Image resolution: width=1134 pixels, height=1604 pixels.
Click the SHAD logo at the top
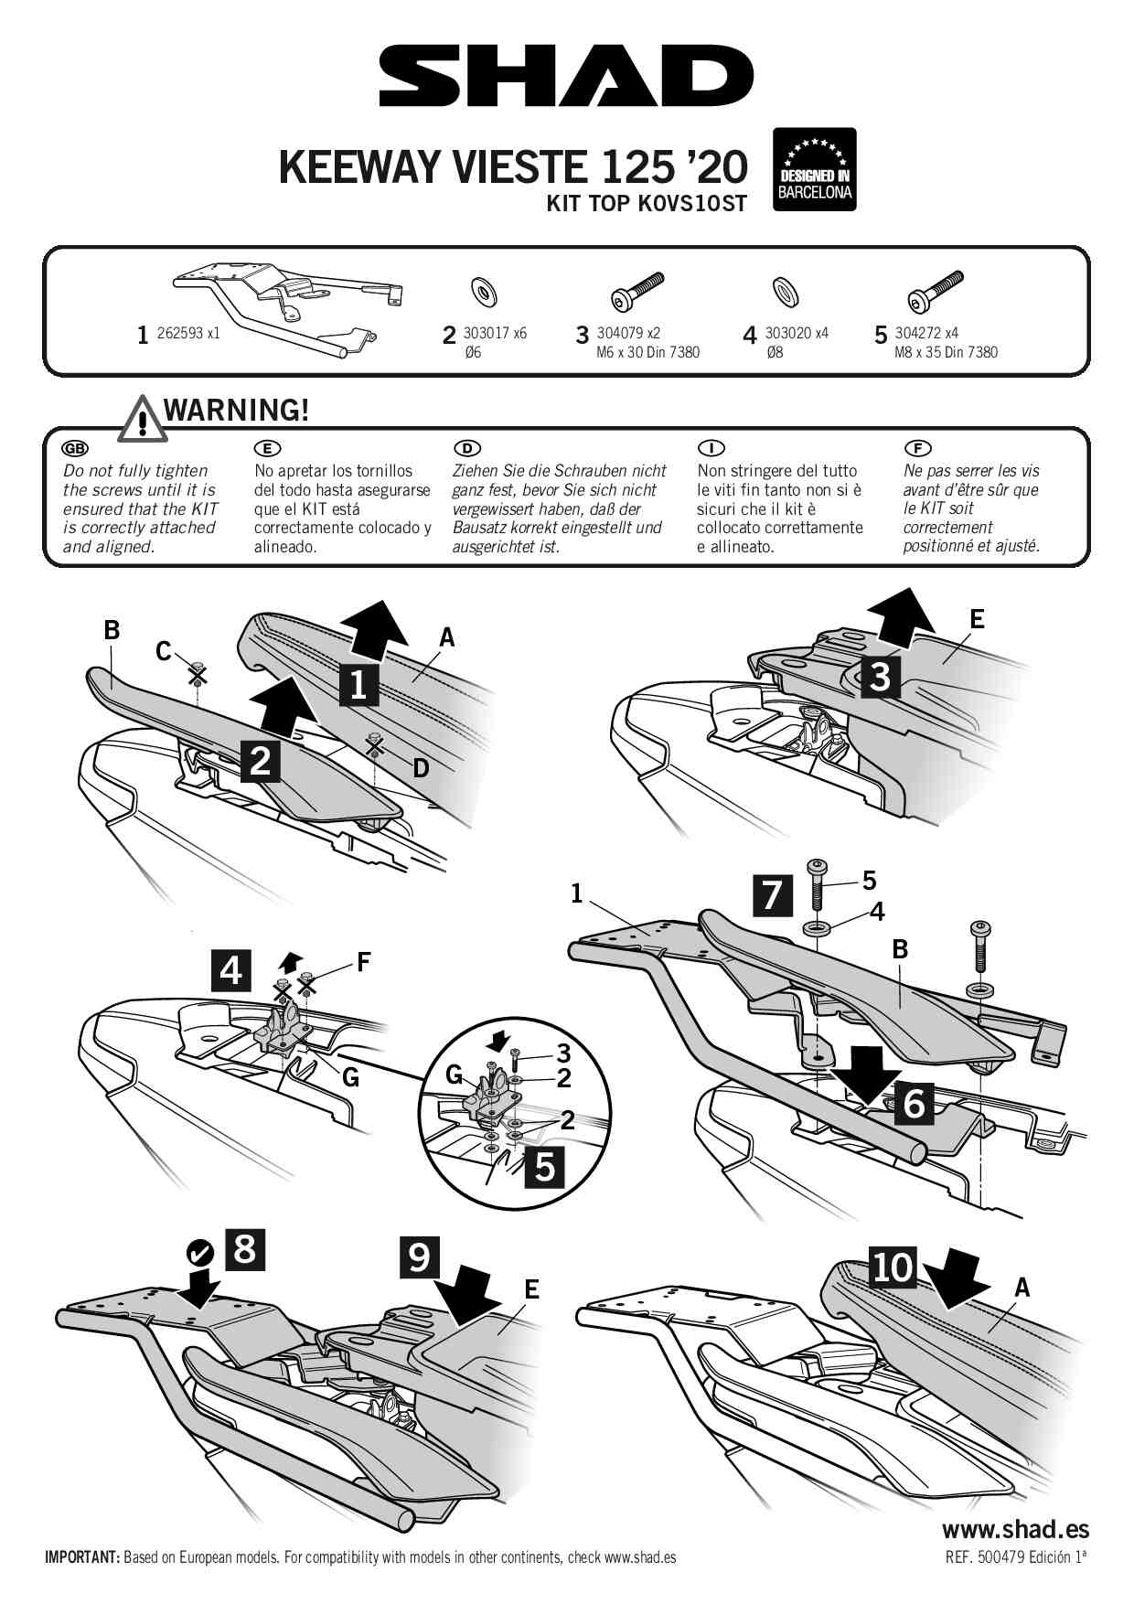coord(566,77)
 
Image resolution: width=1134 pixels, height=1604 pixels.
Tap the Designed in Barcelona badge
coord(814,170)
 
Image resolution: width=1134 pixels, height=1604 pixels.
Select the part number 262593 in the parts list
coord(180,334)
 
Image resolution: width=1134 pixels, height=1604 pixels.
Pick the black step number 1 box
coord(358,684)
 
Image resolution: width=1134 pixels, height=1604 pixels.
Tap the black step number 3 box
coord(880,677)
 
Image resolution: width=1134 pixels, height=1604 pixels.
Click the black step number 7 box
coord(773,894)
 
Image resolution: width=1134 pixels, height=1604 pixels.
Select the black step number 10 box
coord(892,1267)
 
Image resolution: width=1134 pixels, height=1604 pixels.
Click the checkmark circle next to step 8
coord(200,1253)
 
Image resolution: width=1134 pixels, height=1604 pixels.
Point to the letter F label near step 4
coord(363,962)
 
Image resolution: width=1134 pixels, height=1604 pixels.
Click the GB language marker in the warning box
coord(75,448)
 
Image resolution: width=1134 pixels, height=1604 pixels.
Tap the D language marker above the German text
coord(466,448)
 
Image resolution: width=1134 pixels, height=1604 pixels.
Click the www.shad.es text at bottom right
coord(1015,1528)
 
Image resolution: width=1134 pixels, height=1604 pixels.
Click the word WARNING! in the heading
coord(236,411)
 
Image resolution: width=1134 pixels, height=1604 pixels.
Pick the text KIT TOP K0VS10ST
coord(647,204)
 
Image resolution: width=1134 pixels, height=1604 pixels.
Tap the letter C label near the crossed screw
coord(164,651)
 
